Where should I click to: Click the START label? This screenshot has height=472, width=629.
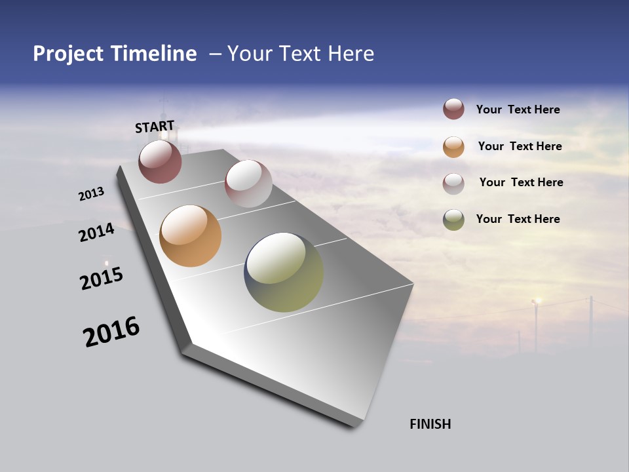155,126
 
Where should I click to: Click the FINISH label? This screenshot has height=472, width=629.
430,424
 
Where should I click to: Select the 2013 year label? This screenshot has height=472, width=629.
91,194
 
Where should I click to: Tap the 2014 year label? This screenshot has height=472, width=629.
96,233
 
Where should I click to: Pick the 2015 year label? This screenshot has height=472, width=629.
102,279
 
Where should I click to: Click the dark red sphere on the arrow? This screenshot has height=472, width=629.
160,161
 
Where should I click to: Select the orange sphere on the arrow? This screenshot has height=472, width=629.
190,236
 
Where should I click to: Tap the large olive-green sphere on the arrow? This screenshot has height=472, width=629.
284,272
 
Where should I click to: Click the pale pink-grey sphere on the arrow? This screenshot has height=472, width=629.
248,184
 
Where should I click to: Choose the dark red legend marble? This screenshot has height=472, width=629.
453,109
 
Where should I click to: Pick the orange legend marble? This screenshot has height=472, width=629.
453,147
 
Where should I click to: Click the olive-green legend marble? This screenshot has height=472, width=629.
453,220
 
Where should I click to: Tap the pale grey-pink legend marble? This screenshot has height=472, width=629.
453,184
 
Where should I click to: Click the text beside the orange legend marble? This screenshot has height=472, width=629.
520,146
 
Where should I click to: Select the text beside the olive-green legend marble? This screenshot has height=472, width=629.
518,219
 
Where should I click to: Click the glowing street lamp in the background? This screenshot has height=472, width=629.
537,301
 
